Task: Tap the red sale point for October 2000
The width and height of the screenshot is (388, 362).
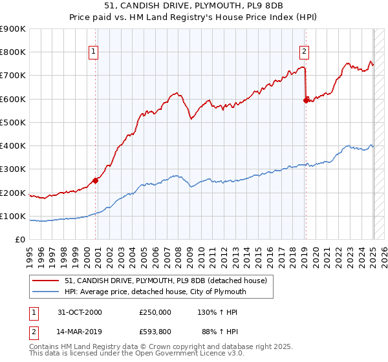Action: click(95, 180)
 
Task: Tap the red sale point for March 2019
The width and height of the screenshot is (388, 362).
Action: click(306, 100)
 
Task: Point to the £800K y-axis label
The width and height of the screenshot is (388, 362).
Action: click(13, 52)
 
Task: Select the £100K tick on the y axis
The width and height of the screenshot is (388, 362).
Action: click(13, 217)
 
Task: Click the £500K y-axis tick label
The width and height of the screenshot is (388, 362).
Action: click(13, 123)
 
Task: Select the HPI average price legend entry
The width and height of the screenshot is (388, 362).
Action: click(155, 292)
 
